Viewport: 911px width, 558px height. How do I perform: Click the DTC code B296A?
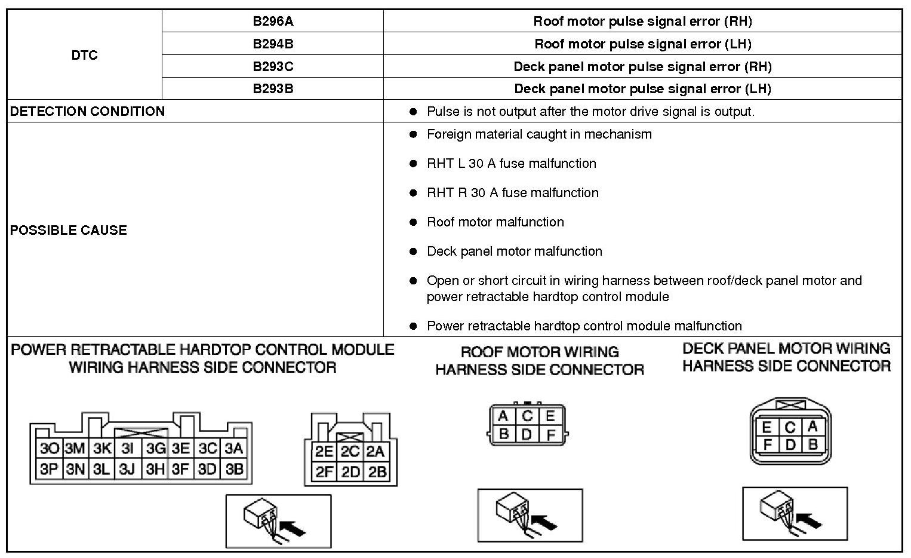pos(273,22)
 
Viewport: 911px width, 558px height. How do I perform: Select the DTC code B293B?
pos(273,89)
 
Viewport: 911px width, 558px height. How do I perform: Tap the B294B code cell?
pos(273,44)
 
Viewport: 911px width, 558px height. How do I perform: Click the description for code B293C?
pos(642,66)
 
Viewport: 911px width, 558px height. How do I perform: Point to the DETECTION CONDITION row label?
pos(88,112)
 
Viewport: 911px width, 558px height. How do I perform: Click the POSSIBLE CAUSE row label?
pos(69,230)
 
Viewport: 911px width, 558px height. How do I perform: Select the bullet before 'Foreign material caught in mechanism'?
pos(413,134)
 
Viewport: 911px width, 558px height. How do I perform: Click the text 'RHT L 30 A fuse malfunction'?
pos(511,164)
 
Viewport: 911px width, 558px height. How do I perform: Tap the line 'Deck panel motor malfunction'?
pos(514,252)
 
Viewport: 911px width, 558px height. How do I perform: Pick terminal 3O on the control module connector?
pos(49,449)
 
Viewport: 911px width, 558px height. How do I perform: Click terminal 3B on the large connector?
pos(235,470)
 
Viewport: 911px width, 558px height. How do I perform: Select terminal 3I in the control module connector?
pos(127,449)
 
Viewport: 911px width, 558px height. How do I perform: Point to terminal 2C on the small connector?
pos(350,452)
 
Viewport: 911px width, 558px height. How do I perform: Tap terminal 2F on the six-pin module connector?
pos(324,473)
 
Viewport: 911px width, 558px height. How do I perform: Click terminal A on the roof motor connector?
pos(503,416)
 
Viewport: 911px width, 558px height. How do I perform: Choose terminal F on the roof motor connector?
pos(550,434)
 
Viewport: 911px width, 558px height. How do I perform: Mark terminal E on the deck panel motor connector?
pos(767,428)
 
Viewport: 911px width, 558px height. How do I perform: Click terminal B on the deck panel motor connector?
pos(812,444)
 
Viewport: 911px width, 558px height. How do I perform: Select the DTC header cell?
pos(84,55)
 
